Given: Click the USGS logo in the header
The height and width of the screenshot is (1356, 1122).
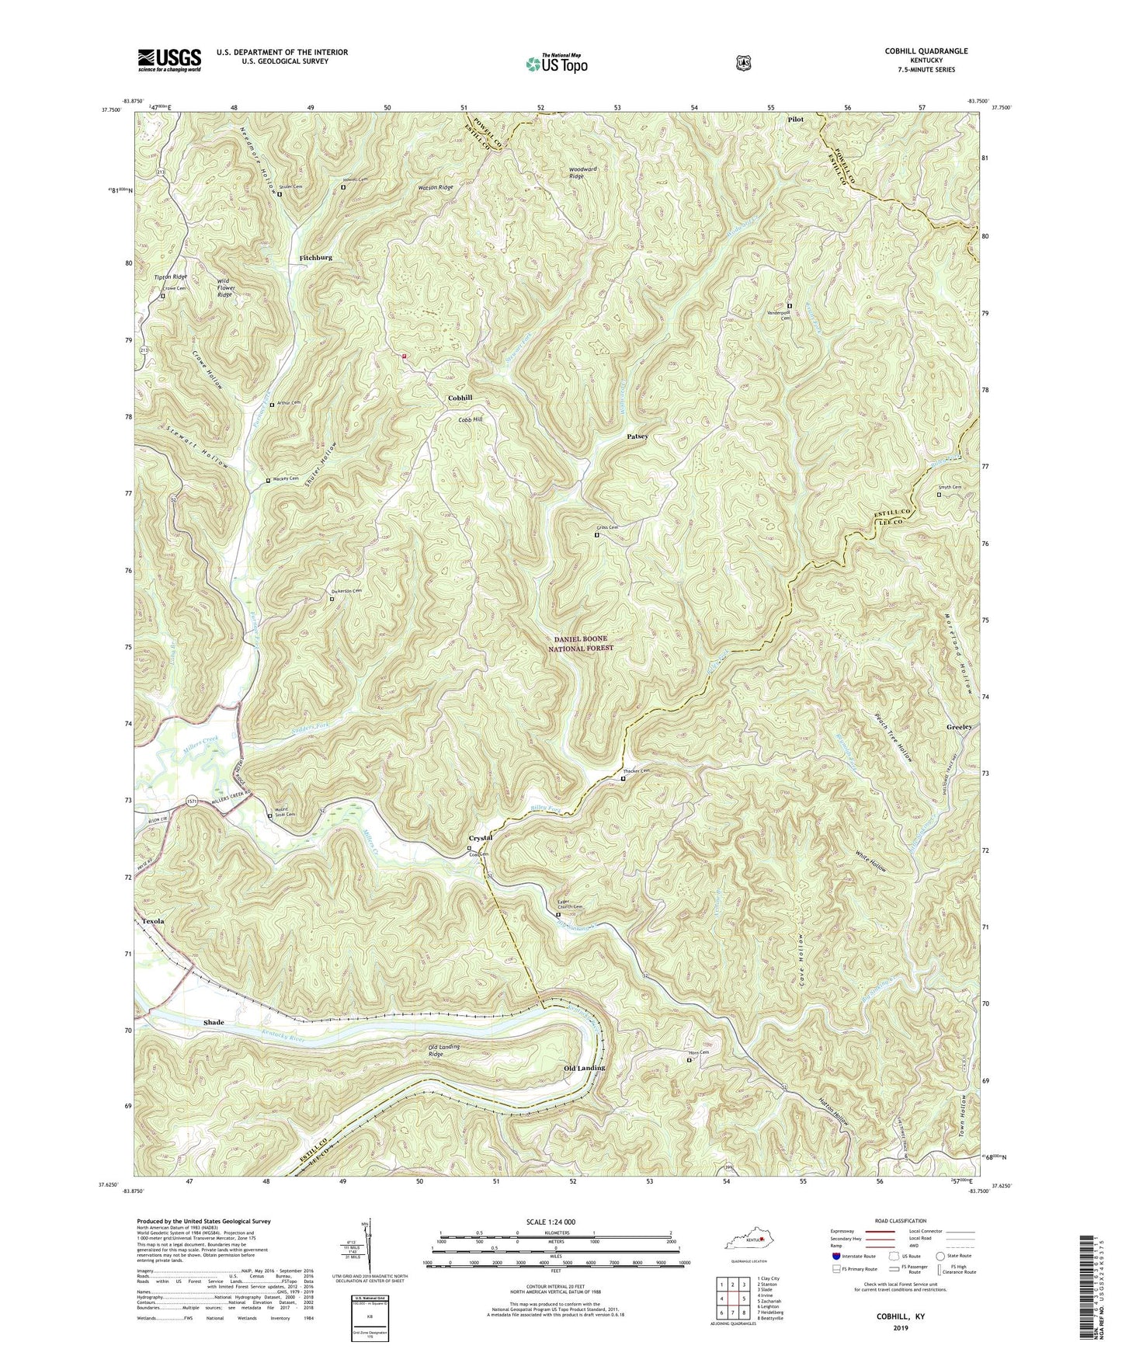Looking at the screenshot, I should pos(169,60).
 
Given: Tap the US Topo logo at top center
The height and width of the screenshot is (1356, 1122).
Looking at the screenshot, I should pos(555,64).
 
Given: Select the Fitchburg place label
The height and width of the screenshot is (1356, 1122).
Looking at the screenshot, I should pos(311,257).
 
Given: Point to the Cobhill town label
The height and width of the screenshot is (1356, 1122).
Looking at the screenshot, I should pos(460,398).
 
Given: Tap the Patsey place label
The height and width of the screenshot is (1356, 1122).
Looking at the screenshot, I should pos(637,436).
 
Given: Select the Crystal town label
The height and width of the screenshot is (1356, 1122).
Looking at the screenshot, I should pos(481,839).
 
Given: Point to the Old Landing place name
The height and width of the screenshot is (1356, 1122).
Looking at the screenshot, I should pos(584,1069).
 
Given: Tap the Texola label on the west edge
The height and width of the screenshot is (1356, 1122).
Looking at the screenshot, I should pos(154,921).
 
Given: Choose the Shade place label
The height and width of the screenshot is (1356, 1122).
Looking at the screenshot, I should pos(214,1023).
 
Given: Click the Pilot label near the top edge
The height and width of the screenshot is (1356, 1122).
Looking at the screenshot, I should pos(795,120).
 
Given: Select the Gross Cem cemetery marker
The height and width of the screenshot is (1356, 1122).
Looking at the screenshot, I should pos(597,534).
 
